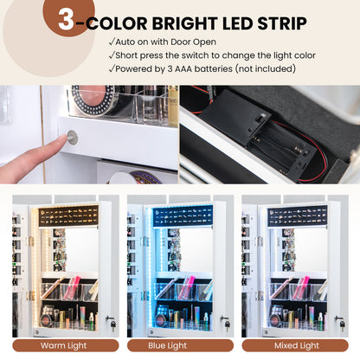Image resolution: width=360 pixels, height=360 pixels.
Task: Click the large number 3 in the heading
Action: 67,19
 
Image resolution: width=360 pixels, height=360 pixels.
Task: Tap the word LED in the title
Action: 238,23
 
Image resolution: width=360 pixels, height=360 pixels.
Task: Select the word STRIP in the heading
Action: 282,23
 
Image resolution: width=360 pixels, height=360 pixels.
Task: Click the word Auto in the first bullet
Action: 125,42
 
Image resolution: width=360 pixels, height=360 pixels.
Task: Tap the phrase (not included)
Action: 265,69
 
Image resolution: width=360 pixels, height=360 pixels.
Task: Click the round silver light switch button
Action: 72,138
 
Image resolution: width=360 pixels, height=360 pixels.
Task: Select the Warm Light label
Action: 64,345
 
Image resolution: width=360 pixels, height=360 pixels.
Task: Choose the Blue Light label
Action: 168,345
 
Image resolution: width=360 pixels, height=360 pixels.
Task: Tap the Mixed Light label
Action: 297,345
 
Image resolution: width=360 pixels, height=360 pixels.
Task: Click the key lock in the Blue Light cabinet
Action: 226,323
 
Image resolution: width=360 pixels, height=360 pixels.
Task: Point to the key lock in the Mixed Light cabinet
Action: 340,323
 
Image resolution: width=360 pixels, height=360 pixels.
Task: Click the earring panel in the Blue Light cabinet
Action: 183,216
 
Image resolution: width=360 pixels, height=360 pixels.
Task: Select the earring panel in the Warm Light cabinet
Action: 68,216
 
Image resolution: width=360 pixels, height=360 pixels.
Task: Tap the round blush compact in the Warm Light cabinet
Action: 46,319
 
